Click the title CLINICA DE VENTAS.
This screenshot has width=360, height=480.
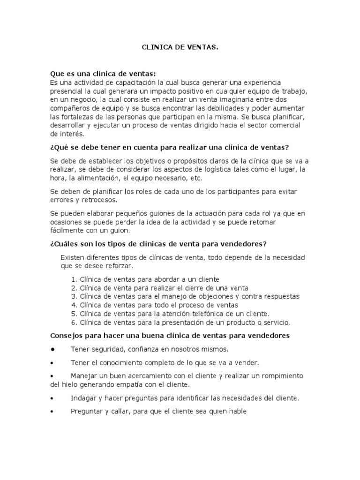tap(180, 48)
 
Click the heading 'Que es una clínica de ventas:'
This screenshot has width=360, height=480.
tap(103, 74)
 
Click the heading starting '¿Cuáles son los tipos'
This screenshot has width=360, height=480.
tap(158, 244)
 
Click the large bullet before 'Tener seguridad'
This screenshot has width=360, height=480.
tap(54, 349)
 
